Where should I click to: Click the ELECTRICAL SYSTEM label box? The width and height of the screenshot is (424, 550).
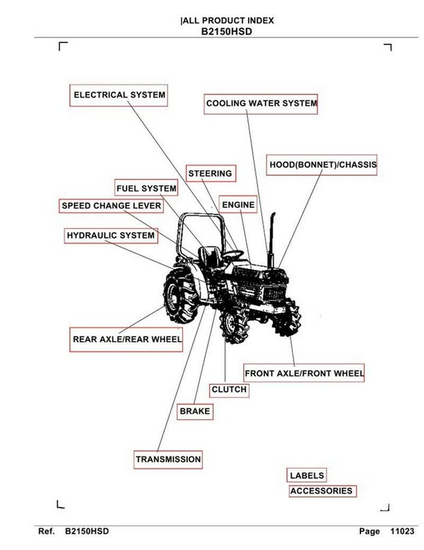pos(119,95)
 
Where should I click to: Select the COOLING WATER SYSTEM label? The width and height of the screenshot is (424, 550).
pos(261,104)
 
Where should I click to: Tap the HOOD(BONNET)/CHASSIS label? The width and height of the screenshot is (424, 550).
pos(322,165)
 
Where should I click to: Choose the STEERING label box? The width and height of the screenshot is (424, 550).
pos(210,174)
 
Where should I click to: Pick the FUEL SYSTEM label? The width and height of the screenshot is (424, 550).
pos(146,189)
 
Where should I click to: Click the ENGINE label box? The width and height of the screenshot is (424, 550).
pos(238,205)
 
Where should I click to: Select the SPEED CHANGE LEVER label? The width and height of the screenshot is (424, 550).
pos(111,206)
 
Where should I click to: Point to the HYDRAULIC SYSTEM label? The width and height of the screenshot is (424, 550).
pos(110,235)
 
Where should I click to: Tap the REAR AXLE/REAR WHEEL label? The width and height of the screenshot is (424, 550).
pos(127,339)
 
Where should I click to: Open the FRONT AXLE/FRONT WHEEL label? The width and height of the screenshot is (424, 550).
pos(304,373)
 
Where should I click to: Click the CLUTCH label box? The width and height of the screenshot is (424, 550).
pos(229,390)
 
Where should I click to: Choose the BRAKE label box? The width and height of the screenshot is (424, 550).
pos(195,411)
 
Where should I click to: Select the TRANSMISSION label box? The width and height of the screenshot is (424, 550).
pos(168,460)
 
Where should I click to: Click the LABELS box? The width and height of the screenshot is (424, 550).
pos(307,476)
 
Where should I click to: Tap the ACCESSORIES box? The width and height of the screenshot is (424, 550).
pos(321,491)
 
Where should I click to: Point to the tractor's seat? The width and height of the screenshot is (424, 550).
pos(208,258)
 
